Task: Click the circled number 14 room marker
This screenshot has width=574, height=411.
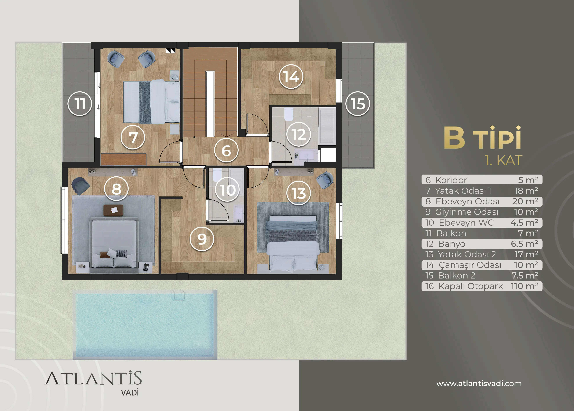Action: tap(291, 76)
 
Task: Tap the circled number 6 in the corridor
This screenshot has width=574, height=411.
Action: tap(226, 150)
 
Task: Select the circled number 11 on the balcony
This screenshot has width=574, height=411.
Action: tap(80, 104)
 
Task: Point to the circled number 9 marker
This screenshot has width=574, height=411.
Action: tap(202, 239)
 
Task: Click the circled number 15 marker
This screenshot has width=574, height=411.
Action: tap(358, 104)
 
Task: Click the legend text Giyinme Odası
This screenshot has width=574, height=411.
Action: tap(467, 212)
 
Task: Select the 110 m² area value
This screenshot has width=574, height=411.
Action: tap(524, 286)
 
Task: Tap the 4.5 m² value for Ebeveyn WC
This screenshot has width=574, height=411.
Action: tap(524, 223)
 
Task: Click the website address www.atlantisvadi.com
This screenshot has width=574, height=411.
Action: tap(479, 383)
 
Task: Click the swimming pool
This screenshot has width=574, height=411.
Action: tap(145, 324)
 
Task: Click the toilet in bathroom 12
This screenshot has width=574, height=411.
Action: tap(289, 114)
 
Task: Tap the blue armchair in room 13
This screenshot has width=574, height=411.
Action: tap(325, 180)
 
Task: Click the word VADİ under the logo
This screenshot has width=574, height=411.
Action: tap(130, 393)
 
